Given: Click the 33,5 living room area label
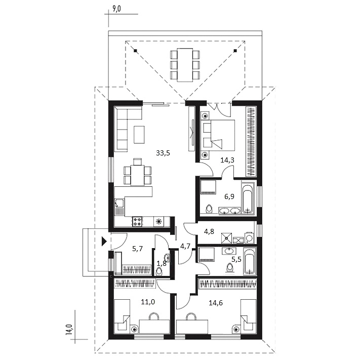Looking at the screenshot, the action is pos(163,153).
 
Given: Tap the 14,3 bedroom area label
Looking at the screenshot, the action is pos(227,160).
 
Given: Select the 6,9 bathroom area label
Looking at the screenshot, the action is pos(229,196).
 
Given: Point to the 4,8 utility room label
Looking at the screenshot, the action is pos(209,231).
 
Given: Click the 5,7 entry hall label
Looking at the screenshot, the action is pos(138,249).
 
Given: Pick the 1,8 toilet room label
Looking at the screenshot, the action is pos(162,263).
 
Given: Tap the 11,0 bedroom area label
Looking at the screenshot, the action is pos(148,302).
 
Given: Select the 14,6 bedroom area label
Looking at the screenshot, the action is pos(216,303).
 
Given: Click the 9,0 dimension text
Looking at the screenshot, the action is pos(116,9).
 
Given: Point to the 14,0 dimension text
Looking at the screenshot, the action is pos(69,330).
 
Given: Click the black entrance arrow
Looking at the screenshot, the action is pos(104,242).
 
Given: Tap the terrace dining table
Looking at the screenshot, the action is pos(185,65).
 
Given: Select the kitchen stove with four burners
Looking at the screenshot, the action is pos(137,221).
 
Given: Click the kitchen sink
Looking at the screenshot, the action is pos(119,207).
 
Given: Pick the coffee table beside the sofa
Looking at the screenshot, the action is pos(139,134).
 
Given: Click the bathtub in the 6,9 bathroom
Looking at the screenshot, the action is pos(248,197).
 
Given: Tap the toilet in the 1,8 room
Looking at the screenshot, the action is pos(159,272).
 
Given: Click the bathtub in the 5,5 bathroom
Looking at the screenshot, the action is pos(250,261).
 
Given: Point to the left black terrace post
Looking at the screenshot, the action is pos(136,51).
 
